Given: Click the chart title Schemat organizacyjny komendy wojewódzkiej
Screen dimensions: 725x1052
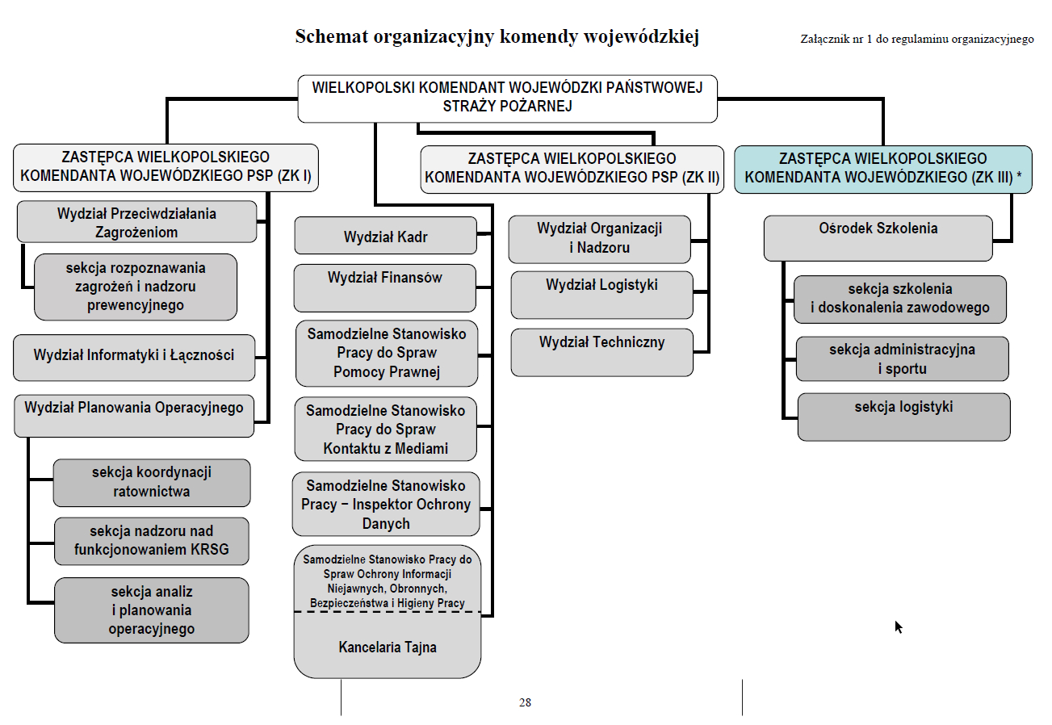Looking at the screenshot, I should pyautogui.click(x=497, y=37).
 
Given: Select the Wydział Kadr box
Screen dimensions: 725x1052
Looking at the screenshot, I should pyautogui.click(x=385, y=237).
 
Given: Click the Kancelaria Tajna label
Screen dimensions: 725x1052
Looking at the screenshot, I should pyautogui.click(x=388, y=647).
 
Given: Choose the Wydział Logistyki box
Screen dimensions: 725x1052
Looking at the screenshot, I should pyautogui.click(x=601, y=295).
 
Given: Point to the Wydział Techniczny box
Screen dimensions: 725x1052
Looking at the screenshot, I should pyautogui.click(x=601, y=352).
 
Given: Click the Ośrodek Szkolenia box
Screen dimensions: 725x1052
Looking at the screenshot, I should pyautogui.click(x=878, y=237).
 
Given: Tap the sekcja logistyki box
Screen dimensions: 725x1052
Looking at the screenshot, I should pyautogui.click(x=903, y=417).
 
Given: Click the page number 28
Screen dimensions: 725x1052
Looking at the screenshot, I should pyautogui.click(x=525, y=702).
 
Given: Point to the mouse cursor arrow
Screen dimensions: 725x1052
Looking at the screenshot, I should pyautogui.click(x=898, y=627).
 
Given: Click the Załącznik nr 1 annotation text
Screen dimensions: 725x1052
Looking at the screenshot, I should pyautogui.click(x=916, y=39).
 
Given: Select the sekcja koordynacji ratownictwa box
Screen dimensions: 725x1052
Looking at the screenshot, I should pyautogui.click(x=152, y=482).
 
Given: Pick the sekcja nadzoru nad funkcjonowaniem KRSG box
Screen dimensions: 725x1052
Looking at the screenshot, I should pyautogui.click(x=152, y=541).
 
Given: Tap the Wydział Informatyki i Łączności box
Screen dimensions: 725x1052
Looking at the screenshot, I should pyautogui.click(x=134, y=358).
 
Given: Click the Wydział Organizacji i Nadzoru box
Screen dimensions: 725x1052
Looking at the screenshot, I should pyautogui.click(x=599, y=239).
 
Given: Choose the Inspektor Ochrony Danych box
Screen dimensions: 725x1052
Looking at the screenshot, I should pyautogui.click(x=385, y=505).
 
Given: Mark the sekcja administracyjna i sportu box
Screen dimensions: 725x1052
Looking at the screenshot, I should pyautogui.click(x=902, y=358).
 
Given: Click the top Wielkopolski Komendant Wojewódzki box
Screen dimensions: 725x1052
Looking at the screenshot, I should pyautogui.click(x=507, y=98).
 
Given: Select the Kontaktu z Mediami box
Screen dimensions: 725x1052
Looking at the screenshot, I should pyautogui.click(x=385, y=429).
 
